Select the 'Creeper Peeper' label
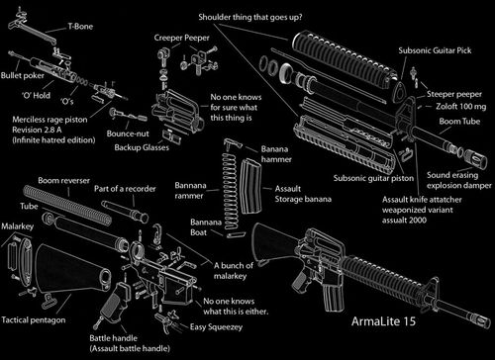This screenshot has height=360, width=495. point(181,37)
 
